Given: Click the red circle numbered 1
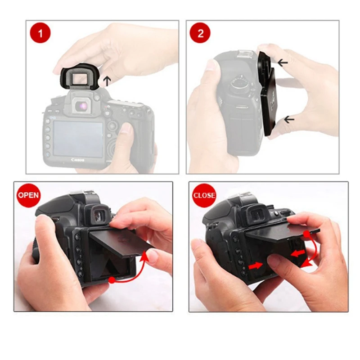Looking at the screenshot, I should [40, 33].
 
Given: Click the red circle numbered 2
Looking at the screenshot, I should [200, 33].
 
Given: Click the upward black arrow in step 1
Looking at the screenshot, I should [107, 81].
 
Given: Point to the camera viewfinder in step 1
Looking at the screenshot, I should [81, 106].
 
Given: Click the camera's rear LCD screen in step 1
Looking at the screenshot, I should [78, 138].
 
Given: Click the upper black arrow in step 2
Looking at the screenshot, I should [283, 63].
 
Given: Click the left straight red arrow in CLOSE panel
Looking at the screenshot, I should [255, 265].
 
